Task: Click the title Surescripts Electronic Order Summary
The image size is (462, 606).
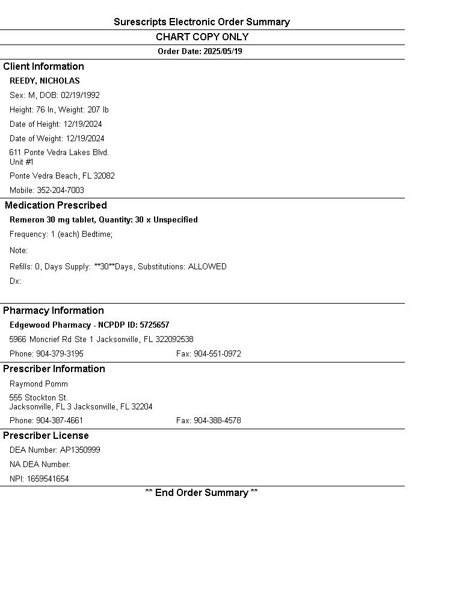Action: [x=202, y=22]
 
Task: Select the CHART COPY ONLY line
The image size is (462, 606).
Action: [x=202, y=37]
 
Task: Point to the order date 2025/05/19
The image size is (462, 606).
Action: [x=223, y=52]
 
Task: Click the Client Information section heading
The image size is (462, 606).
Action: [x=43, y=67]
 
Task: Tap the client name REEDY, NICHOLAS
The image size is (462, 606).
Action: [x=45, y=81]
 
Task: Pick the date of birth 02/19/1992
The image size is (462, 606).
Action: [x=80, y=96]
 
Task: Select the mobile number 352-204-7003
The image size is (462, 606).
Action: [x=60, y=191]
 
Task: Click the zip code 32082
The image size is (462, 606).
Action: [x=104, y=176]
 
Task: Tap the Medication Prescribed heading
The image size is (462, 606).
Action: [x=56, y=206]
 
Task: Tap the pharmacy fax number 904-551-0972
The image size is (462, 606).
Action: [x=217, y=354]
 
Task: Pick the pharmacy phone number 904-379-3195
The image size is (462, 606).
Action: [x=60, y=354]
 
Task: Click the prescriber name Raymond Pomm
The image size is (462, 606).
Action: [x=38, y=384]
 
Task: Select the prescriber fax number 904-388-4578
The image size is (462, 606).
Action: [x=217, y=421]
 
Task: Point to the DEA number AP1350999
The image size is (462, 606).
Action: [x=80, y=450]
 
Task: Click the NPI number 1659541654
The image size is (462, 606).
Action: [x=48, y=479]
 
